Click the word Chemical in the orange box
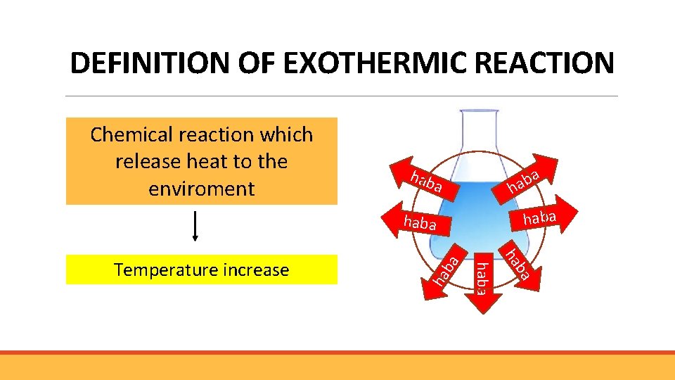point(132,134)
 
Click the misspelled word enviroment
point(202,189)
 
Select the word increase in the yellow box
point(256,270)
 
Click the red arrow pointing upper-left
point(423,180)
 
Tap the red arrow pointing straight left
point(415,222)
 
